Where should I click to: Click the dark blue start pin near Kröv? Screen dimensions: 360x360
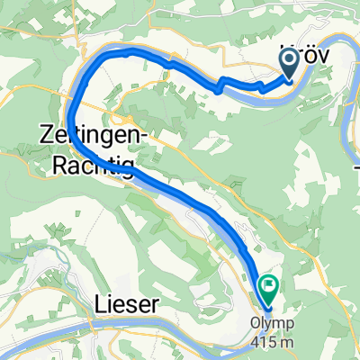[x=291, y=61]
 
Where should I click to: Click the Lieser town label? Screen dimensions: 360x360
[x=127, y=305]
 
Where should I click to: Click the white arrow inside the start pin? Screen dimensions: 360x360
[x=291, y=59]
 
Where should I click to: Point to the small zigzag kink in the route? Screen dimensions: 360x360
[x=218, y=86]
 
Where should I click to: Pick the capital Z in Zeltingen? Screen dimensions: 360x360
[x=46, y=133]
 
